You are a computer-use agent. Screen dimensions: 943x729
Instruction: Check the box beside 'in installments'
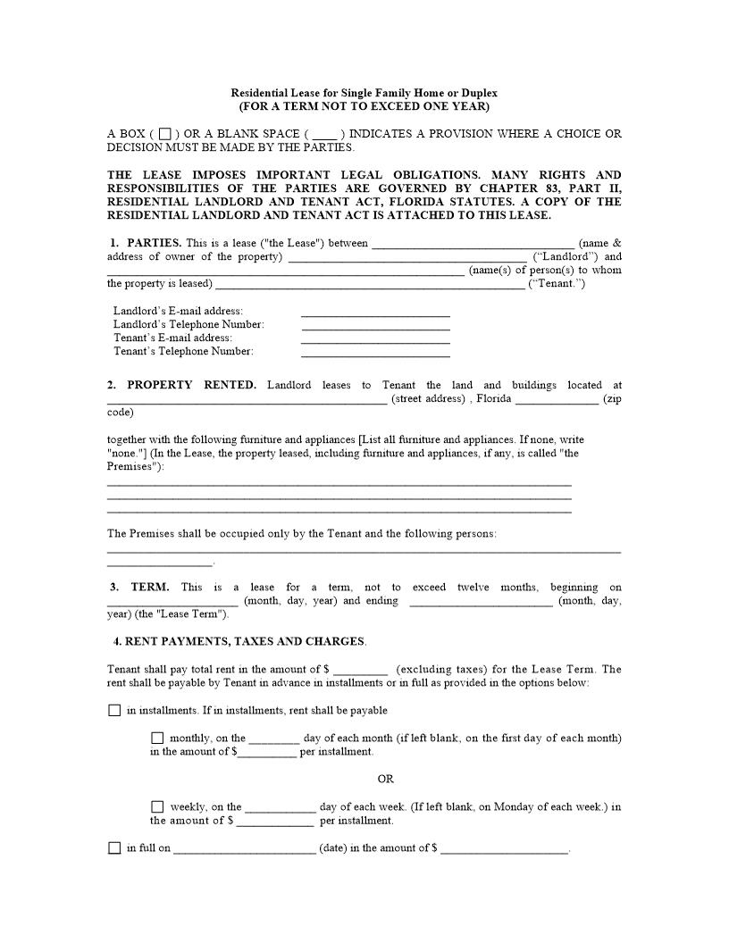click(113, 711)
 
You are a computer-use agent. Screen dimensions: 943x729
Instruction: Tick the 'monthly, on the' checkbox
click(157, 738)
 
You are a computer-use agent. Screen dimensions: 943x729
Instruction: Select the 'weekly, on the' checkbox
click(157, 806)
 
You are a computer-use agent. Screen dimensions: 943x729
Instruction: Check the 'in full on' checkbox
click(113, 848)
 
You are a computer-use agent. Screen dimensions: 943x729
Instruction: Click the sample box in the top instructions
click(164, 134)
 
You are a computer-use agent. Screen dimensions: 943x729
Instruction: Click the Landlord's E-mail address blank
click(375, 313)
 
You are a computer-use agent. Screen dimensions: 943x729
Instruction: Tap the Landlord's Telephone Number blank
click(375, 326)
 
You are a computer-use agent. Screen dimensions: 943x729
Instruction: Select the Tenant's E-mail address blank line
click(375, 339)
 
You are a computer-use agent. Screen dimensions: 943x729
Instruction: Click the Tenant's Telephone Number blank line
click(375, 353)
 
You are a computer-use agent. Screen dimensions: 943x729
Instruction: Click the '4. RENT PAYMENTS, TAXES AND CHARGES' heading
click(239, 641)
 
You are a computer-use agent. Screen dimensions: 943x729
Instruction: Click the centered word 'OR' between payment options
click(385, 779)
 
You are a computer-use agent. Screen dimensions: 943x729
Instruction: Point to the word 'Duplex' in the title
click(479, 93)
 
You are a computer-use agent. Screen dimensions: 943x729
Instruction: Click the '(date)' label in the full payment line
click(333, 848)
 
